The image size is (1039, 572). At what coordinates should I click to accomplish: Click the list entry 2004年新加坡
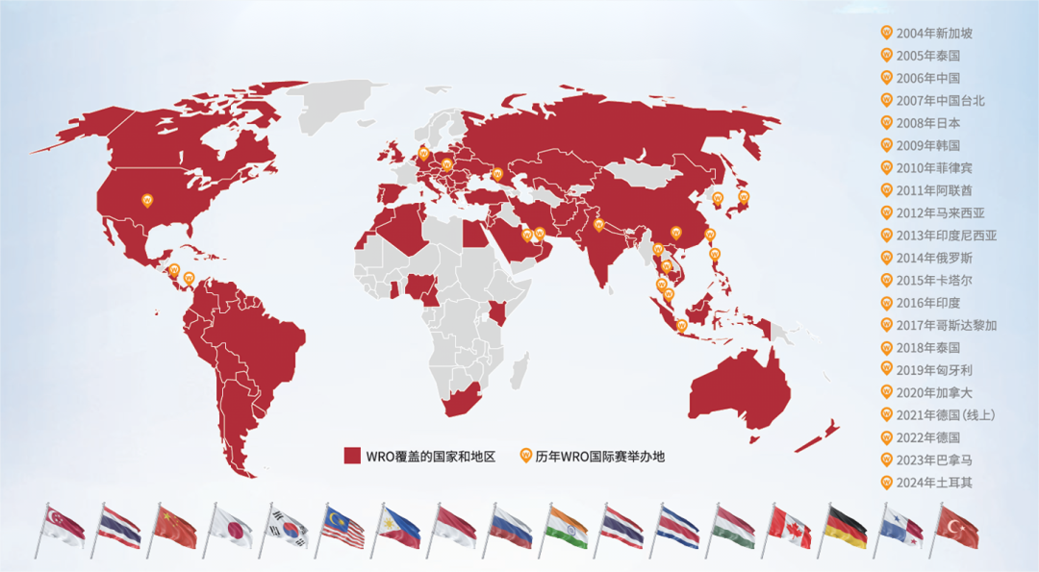[x=933, y=33]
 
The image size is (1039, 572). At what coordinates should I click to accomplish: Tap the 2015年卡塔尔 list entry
[x=933, y=280]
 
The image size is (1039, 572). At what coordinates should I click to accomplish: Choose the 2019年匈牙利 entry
[x=933, y=370]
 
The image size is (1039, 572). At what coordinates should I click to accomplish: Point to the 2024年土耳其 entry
[x=933, y=483]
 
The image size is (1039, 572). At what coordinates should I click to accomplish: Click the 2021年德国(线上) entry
[x=945, y=415]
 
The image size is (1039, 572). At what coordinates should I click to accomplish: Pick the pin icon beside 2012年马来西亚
[x=886, y=212]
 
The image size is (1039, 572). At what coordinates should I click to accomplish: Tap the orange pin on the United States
[x=147, y=199]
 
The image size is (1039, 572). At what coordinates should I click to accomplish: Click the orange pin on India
[x=598, y=224]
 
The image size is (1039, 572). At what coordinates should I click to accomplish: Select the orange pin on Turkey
[x=497, y=173]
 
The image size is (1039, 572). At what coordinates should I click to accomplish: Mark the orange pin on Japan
[x=743, y=196]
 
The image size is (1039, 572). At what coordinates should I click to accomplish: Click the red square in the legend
[x=352, y=456]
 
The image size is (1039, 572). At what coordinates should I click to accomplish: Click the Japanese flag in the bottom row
[x=232, y=527]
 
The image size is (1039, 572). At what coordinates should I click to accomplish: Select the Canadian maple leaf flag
[x=790, y=527]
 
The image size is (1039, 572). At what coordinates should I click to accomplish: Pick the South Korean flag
[x=288, y=527]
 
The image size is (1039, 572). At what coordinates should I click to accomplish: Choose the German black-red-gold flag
[x=846, y=527]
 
